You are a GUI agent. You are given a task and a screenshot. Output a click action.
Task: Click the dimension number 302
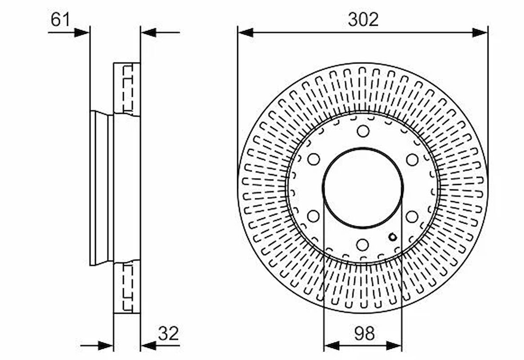point(363,20)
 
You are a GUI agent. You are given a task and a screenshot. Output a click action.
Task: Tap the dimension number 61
point(60,20)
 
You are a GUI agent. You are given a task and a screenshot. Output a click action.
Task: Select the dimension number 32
point(168,333)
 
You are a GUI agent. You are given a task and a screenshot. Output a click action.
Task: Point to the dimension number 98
point(364,333)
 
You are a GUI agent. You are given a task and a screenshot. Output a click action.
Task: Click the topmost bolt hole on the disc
point(363,131)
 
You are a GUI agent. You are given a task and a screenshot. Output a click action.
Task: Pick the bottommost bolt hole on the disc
point(363,245)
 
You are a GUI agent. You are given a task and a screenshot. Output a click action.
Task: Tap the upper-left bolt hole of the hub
point(314,159)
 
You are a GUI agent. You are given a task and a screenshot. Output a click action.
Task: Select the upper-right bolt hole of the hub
point(412,159)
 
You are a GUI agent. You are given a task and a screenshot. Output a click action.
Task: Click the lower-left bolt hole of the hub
point(313,216)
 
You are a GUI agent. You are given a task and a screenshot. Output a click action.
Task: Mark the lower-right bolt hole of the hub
point(412,216)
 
